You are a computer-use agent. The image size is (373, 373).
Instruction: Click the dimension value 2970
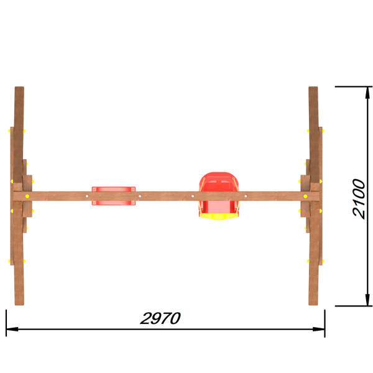coord(160,318)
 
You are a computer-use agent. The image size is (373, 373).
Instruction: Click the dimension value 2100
coord(359,199)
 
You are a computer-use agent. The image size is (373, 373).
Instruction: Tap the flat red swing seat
coord(114,196)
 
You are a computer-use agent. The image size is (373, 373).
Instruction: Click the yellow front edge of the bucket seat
coord(219,216)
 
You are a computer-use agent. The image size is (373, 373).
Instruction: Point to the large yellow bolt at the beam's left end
coord(27,196)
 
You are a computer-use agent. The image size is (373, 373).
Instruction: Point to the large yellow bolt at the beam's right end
coord(305,196)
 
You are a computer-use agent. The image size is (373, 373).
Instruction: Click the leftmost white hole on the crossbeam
coord(87,196)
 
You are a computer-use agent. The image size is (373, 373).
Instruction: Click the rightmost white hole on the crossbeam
coord(246,196)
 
